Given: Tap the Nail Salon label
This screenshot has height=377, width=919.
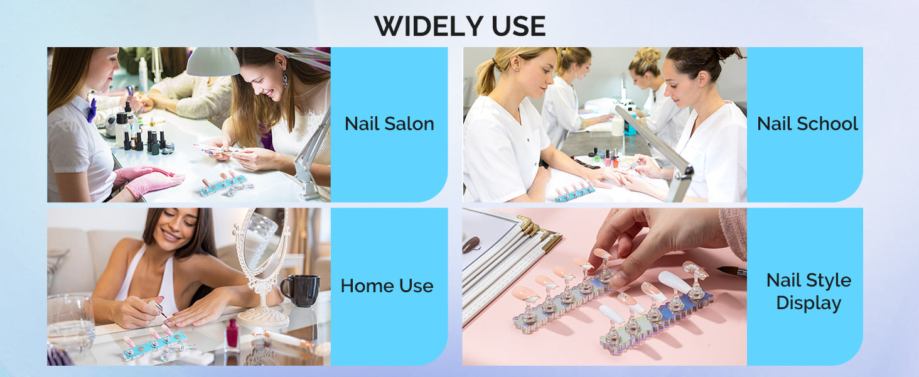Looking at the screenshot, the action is click(389, 124).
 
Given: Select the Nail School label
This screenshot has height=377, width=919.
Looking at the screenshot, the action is click(807, 124).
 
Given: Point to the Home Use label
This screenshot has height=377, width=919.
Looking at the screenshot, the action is click(387, 285).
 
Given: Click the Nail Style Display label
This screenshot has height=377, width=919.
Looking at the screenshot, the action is click(809, 292).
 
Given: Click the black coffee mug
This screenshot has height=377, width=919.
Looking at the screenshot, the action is click(300, 290).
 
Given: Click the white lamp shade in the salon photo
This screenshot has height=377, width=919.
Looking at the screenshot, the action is click(213, 62).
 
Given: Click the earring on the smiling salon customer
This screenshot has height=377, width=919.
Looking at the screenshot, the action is click(285, 79).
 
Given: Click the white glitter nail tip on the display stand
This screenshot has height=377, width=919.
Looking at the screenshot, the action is click(674, 282).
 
